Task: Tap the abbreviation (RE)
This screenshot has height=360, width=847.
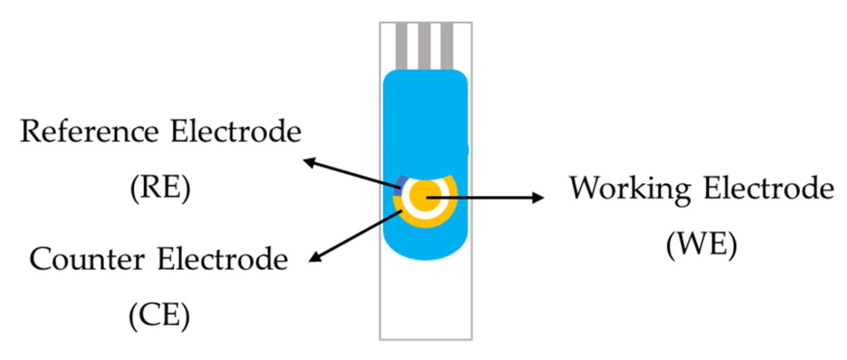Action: [160, 188]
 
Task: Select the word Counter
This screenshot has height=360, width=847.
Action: [87, 259]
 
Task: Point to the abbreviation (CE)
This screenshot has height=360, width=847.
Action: [159, 316]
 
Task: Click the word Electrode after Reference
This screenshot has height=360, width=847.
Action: [236, 132]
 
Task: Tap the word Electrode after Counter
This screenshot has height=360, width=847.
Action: [223, 259]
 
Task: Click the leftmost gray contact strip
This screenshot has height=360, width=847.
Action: [401, 46]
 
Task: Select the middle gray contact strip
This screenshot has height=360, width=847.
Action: [424, 46]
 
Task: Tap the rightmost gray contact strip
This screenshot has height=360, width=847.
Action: [447, 46]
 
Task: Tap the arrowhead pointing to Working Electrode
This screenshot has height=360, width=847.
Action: [538, 197]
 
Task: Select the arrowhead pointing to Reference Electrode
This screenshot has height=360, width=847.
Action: [309, 162]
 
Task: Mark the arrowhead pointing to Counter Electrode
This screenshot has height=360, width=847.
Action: [314, 257]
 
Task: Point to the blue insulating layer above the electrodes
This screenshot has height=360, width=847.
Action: [425, 120]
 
